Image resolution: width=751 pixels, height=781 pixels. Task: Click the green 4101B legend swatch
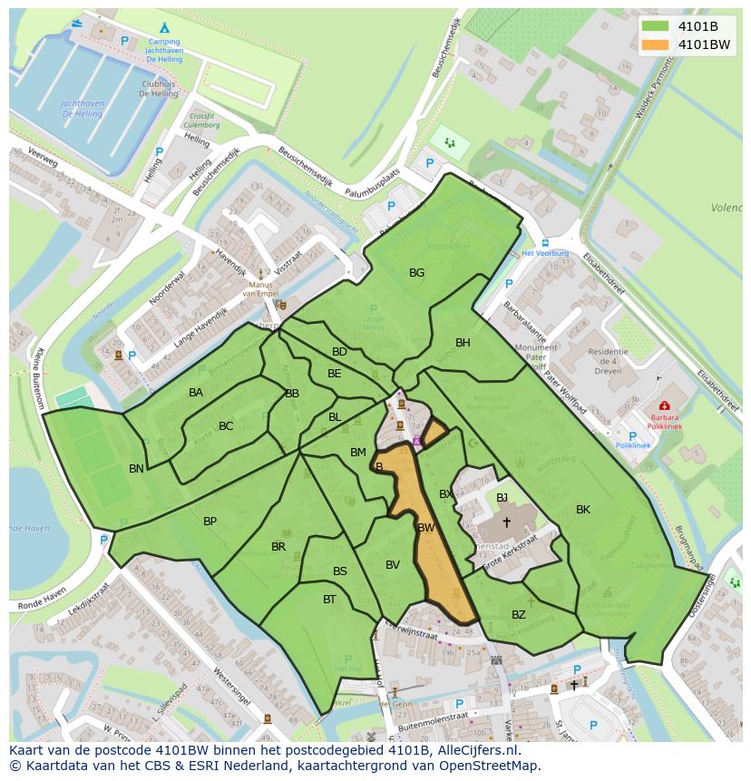coord(655,26)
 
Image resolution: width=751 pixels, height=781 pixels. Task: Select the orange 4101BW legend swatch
coord(655,44)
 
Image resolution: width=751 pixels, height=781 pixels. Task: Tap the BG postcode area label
coord(416,272)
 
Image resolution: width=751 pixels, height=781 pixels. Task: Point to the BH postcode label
coord(463,342)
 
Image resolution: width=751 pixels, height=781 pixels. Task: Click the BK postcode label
coord(582,510)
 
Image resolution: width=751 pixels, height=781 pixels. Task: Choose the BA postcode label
coord(196,393)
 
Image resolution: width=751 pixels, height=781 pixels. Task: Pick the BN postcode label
coord(136,469)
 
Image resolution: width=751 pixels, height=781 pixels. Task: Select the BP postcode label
coord(210,521)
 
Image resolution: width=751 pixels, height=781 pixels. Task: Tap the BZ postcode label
coord(518,614)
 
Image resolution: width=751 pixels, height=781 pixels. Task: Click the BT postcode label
coord(329,599)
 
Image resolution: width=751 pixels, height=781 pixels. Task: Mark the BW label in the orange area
coord(426,527)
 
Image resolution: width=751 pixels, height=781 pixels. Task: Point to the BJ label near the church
coord(502,497)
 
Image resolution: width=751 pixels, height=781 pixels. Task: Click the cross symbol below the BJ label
coord(506,522)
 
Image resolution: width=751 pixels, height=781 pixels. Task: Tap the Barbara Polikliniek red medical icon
coord(664,405)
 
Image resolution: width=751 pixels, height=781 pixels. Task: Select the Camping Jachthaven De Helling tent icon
coord(164,28)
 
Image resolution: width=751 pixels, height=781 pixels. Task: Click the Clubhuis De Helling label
coord(159,88)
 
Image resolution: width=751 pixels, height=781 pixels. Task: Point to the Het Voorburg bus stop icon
coord(544,242)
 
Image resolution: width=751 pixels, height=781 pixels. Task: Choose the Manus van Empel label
coord(262,288)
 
